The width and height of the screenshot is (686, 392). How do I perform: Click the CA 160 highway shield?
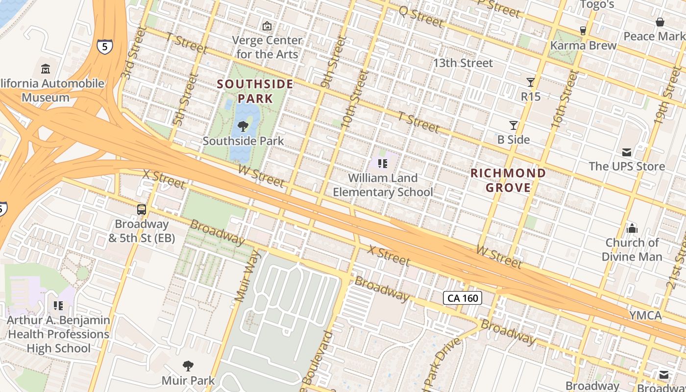point(463,298)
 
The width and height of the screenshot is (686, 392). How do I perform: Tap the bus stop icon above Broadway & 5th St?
point(142,210)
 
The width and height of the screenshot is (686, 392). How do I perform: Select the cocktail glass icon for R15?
point(530,82)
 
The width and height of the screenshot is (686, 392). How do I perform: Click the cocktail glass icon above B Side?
point(514,125)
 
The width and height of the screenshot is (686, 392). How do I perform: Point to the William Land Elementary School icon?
point(383,164)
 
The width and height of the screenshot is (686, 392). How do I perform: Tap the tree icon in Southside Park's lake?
point(243,127)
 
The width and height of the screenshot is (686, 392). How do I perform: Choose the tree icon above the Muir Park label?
point(188,366)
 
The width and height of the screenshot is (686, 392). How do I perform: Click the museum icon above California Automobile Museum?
point(46,69)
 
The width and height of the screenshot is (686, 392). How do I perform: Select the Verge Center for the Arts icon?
point(267,26)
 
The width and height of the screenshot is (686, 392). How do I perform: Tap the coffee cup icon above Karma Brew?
point(583,31)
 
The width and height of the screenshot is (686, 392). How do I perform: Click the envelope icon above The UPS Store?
point(627,152)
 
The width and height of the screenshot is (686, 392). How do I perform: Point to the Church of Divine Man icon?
point(632,228)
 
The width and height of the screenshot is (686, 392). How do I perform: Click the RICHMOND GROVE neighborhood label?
point(508,180)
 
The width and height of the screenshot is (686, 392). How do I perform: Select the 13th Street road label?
point(463,63)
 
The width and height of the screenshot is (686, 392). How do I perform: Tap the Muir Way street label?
point(246,275)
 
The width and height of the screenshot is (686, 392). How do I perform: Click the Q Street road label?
point(421,17)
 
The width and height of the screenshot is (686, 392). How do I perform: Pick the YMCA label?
point(645,315)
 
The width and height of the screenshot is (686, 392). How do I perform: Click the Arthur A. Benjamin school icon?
point(58,306)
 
